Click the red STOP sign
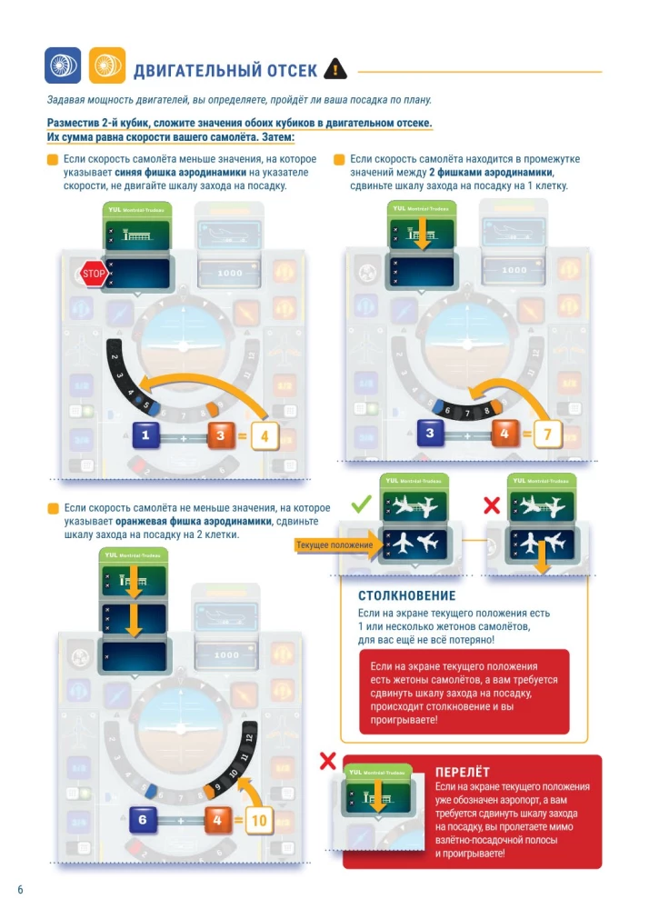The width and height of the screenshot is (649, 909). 93,273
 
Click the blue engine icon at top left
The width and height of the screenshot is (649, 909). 63,65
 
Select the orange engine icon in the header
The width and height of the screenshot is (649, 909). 107,65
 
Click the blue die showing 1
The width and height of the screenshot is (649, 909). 146,437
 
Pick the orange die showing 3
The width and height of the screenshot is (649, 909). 220,437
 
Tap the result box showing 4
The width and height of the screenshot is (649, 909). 265,437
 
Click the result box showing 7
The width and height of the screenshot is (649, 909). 547,434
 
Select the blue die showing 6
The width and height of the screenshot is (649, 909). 143,820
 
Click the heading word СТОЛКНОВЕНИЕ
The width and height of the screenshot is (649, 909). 406,596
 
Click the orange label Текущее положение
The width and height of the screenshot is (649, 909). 334,545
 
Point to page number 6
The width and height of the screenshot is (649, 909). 20,888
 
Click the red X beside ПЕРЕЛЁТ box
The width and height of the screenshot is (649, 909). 328,760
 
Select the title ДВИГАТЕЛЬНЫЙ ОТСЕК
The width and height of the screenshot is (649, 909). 225,71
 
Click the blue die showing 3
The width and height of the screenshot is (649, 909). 429,434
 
